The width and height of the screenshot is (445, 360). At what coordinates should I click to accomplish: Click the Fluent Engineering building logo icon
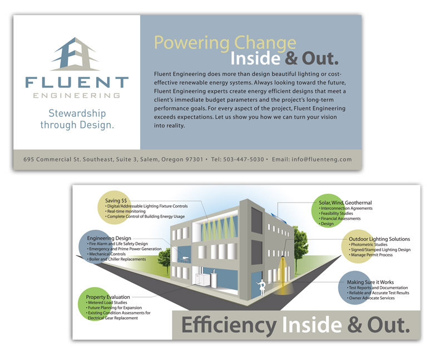click(x=76, y=54)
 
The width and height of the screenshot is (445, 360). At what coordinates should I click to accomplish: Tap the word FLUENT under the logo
click(x=77, y=82)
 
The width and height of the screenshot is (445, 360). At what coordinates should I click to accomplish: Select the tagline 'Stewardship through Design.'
click(x=77, y=119)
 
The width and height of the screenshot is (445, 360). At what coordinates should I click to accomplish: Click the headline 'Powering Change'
click(x=225, y=43)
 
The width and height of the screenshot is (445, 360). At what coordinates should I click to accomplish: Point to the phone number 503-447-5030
click(x=244, y=160)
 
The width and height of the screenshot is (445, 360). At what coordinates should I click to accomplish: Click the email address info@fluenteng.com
click(x=322, y=160)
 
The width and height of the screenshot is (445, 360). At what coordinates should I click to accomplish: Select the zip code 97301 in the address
click(x=194, y=160)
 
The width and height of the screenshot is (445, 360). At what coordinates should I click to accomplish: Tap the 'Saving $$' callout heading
click(x=116, y=201)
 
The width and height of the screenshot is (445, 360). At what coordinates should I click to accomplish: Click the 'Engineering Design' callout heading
click(x=109, y=238)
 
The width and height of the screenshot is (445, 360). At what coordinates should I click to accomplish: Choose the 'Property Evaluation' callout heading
click(x=108, y=297)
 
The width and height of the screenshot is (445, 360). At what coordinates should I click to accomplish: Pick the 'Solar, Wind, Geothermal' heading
click(x=345, y=203)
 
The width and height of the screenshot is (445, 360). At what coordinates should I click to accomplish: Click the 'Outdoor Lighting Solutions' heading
click(x=379, y=239)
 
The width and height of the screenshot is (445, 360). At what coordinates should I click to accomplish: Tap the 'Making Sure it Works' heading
click(x=370, y=282)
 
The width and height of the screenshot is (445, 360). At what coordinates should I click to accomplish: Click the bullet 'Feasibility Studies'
click(x=337, y=214)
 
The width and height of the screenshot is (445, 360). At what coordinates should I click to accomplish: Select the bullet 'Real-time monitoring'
click(x=126, y=211)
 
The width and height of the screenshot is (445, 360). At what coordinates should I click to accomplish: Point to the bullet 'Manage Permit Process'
click(x=372, y=255)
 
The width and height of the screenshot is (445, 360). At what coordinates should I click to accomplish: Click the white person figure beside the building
click(x=262, y=287)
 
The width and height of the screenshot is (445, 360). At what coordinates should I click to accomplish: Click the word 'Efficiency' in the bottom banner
click(x=229, y=326)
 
